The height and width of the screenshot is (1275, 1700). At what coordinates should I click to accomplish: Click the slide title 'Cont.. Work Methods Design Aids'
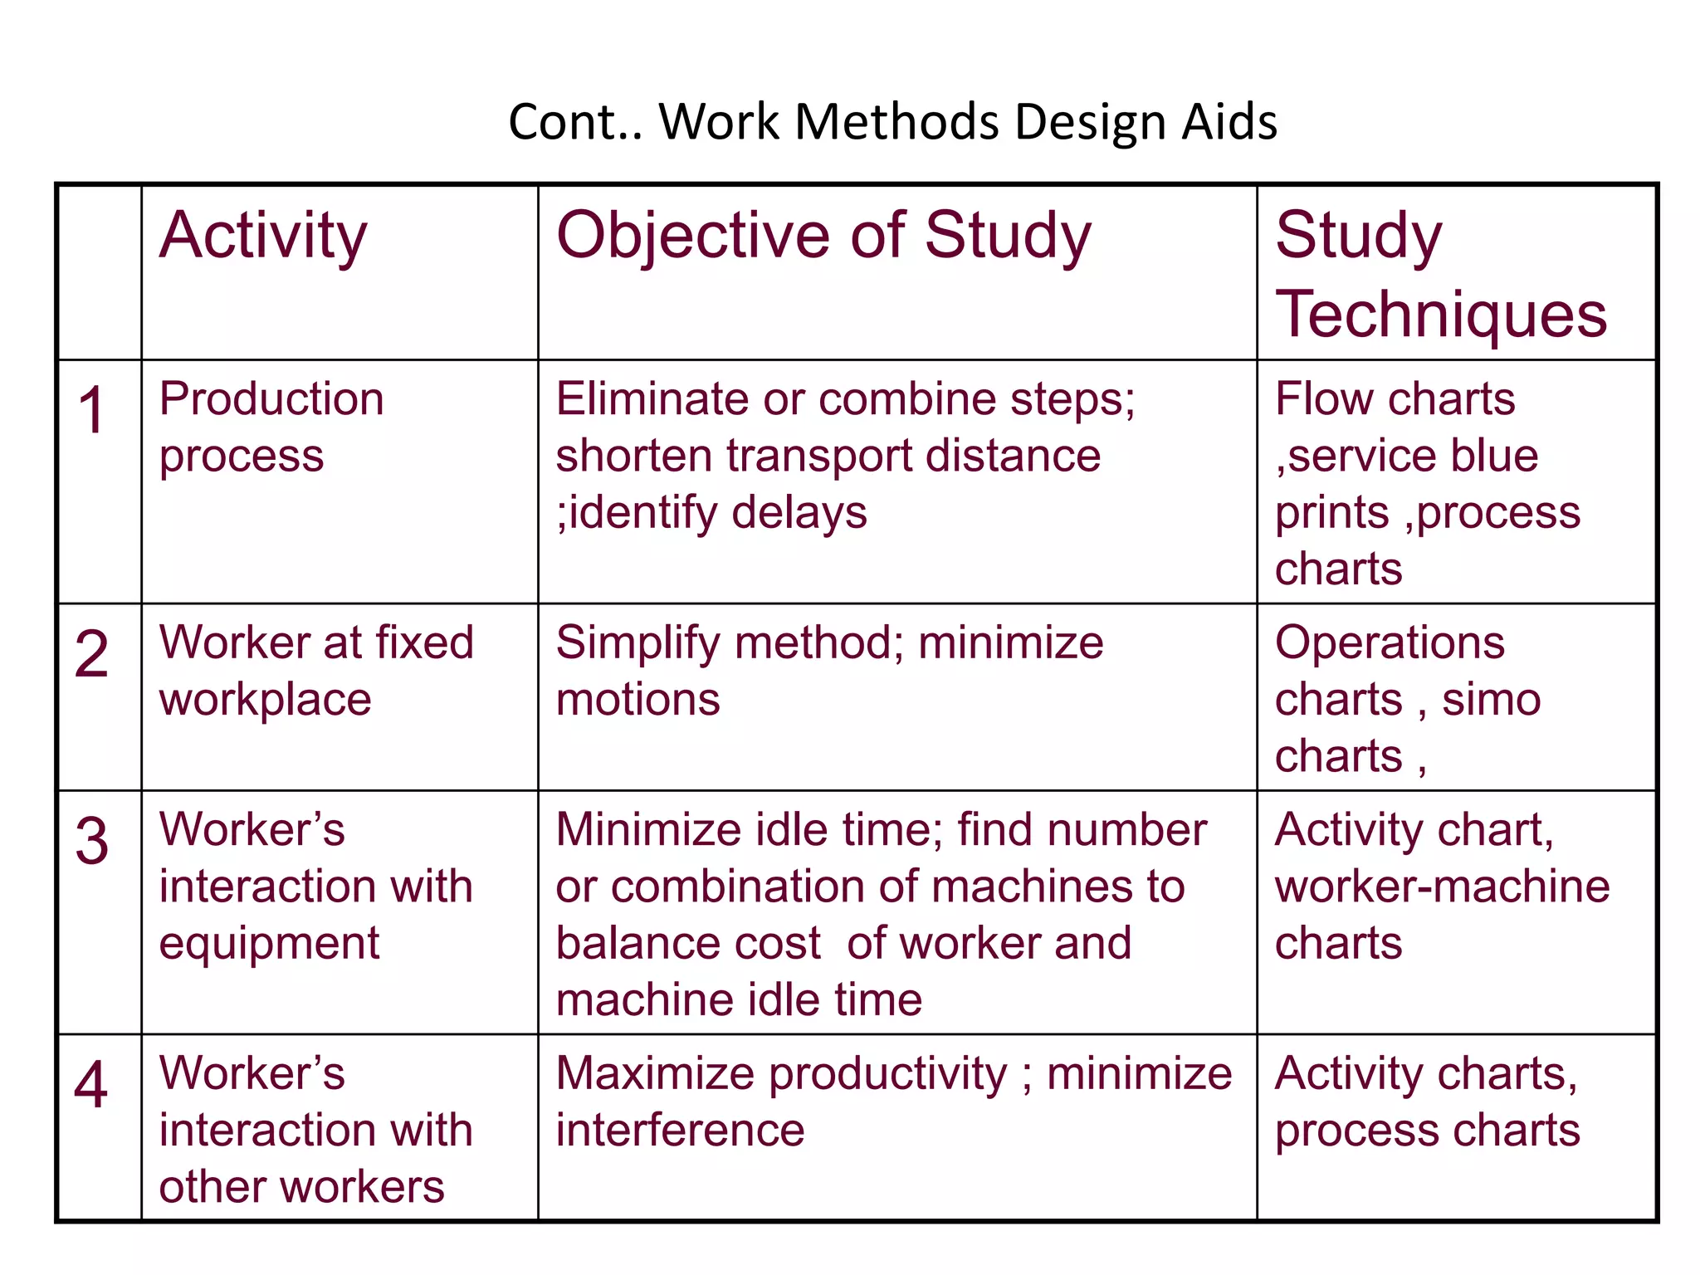coord(892,122)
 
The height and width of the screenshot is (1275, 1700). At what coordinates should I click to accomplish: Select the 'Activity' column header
coord(263,236)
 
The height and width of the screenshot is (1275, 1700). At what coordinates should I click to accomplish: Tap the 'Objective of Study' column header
coord(823,236)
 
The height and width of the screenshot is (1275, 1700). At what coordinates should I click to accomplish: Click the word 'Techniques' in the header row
coord(1441,315)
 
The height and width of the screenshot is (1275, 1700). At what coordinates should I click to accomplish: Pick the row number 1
coord(91,410)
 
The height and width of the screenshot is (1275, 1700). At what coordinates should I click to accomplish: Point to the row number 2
coord(91,654)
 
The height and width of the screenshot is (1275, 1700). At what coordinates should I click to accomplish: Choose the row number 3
coord(91,841)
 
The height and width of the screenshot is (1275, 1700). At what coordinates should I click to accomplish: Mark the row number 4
coord(91,1084)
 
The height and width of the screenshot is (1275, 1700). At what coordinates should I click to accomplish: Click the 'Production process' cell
coord(271,427)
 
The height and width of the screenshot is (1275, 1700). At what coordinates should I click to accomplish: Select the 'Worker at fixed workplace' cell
coord(315,670)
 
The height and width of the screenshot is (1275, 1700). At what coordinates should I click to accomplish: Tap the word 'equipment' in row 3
coord(269,944)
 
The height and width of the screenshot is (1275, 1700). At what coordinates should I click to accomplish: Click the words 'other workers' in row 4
coord(301,1187)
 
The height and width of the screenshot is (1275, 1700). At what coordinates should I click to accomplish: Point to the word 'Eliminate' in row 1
coord(652,399)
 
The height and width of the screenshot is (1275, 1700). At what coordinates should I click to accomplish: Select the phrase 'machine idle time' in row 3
coord(739,999)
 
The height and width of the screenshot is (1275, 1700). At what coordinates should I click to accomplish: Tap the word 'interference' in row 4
coord(680,1131)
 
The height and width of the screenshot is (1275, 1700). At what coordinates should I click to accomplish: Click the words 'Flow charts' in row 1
coord(1395,399)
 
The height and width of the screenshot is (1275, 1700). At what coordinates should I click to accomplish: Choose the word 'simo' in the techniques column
coord(1491,700)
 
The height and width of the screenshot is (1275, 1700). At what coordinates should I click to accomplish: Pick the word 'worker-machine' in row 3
coord(1442,887)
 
